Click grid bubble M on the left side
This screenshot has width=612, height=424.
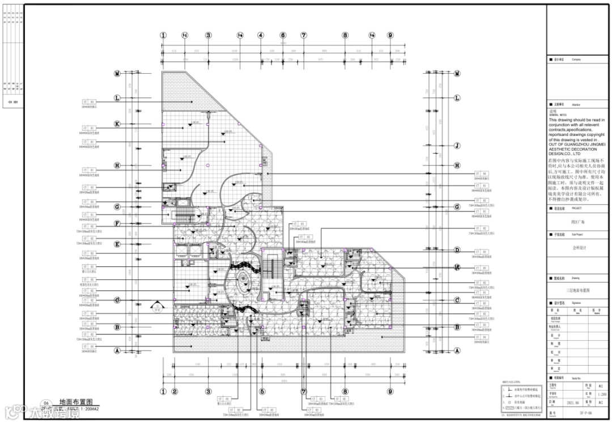[x=117, y=74]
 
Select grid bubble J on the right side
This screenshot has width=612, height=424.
[x=457, y=145]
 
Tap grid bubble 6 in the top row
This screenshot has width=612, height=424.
[x=282, y=35]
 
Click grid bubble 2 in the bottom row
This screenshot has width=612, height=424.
[x=175, y=391]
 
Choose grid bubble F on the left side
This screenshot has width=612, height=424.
[x=117, y=223]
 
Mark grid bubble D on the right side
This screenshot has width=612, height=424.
[x=457, y=250]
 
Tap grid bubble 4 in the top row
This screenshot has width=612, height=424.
[x=261, y=35]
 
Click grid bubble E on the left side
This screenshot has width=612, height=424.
[x=117, y=244]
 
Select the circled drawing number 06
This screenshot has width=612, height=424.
[x=39, y=402]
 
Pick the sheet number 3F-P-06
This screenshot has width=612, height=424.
[x=578, y=414]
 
